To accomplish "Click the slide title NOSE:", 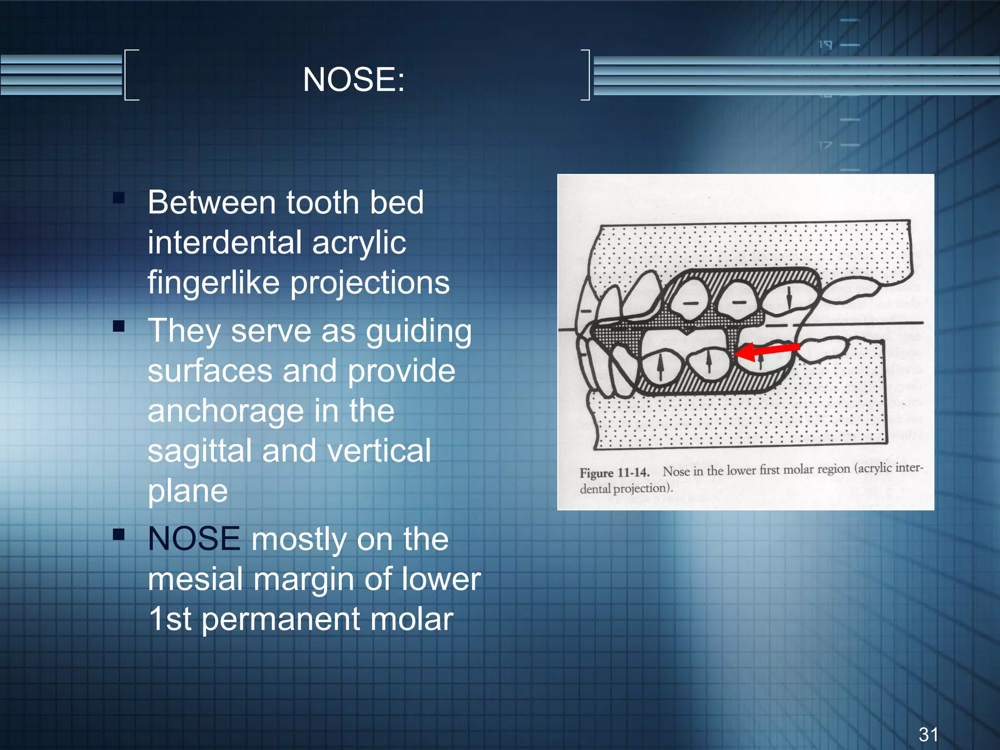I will tap(354, 79).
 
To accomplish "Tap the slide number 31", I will tap(928, 734).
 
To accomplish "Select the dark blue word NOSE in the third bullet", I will tap(194, 539).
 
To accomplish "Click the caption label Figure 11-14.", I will tap(614, 473).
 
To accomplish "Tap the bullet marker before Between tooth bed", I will tap(119, 198).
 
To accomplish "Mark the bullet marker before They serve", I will tap(119, 326).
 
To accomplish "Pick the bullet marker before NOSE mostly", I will tap(119, 534).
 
